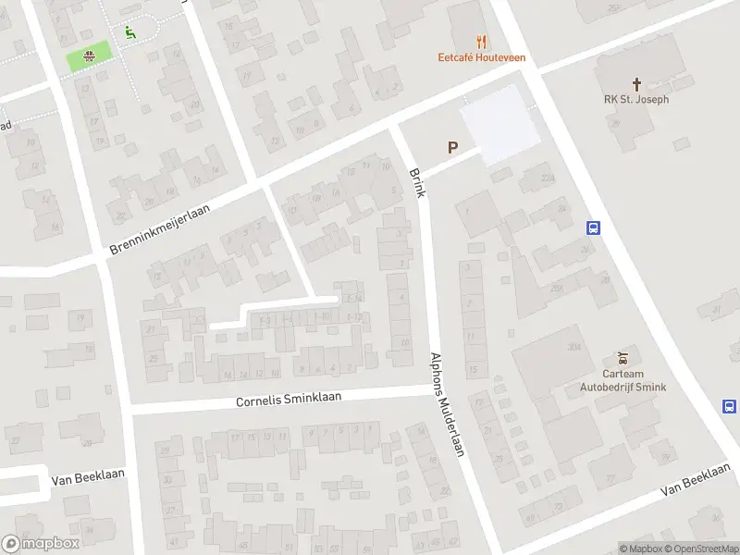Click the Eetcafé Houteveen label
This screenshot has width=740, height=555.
click(x=481, y=57)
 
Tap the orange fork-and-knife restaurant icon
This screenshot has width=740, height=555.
click(x=481, y=41)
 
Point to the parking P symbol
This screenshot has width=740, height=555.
click(x=452, y=147)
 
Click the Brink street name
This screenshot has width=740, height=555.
click(x=416, y=182)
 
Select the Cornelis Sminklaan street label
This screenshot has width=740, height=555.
click(x=289, y=399)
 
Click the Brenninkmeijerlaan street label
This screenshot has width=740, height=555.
click(x=159, y=230)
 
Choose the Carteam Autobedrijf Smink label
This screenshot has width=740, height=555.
click(x=623, y=382)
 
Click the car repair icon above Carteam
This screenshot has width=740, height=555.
click(x=623, y=358)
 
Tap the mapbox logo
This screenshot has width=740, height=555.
click(x=41, y=544)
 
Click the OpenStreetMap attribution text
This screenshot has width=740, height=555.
click(x=700, y=549)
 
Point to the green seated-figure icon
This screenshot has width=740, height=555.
click(x=129, y=32)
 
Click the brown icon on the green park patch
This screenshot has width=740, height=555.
click(x=89, y=56)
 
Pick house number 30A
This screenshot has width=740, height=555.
click(x=574, y=346)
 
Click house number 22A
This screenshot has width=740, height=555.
click(x=547, y=178)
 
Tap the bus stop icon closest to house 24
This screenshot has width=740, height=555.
click(x=593, y=228)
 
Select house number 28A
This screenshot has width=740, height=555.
click(x=556, y=289)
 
